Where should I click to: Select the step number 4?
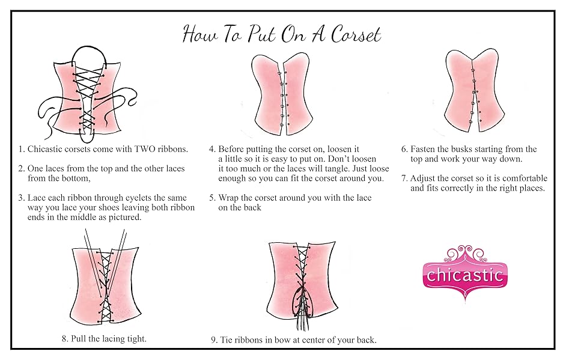(211, 149)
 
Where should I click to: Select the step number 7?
(404, 178)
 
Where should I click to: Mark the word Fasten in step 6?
(424, 149)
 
